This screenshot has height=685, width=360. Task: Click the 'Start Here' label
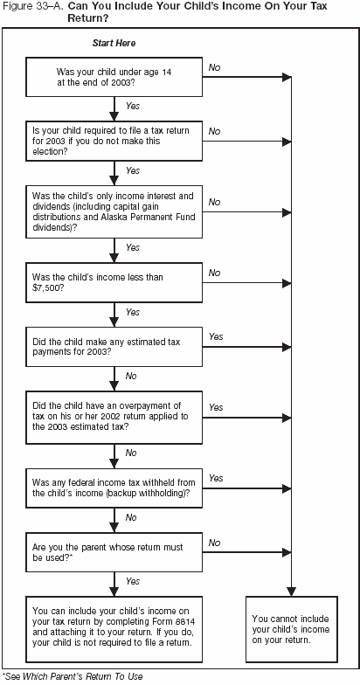coord(114,43)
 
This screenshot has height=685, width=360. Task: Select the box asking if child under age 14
coord(114,76)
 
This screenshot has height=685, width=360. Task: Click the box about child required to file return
coord(114,138)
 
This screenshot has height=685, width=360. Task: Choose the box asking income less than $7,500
coord(114,282)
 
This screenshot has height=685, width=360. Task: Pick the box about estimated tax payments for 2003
coord(114,345)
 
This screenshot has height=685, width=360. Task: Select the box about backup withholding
coord(114,488)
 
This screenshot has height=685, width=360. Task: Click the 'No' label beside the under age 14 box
coord(214,66)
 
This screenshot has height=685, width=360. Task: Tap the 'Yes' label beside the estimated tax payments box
coord(216,336)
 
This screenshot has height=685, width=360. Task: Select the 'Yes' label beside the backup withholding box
coord(216,478)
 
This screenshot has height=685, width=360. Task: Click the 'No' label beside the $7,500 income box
coord(214,273)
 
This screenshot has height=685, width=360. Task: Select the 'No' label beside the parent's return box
coord(214,542)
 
